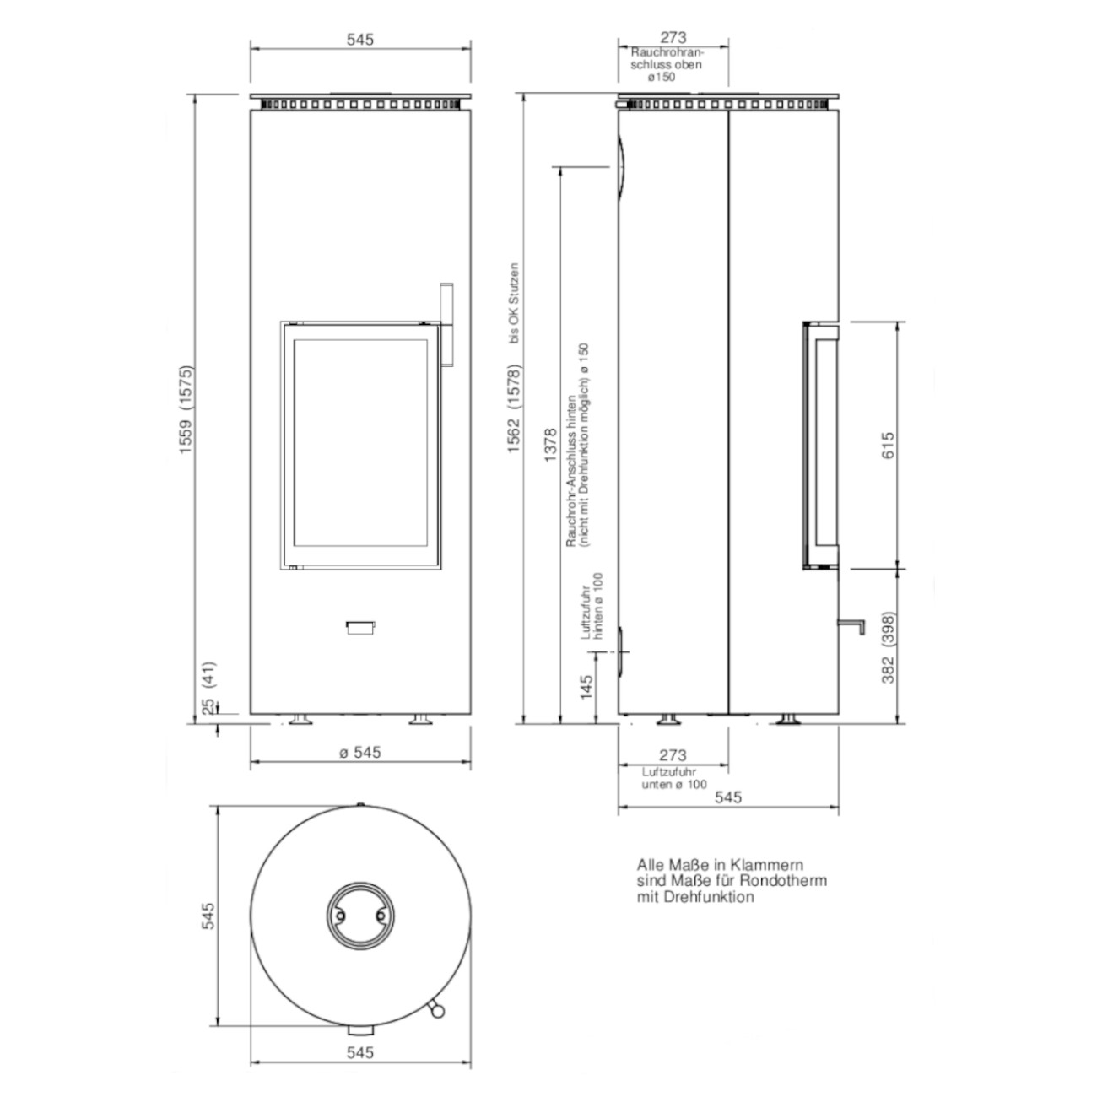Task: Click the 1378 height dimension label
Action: coord(550,446)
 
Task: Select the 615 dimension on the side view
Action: coord(888,446)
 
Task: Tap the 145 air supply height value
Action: coord(586,687)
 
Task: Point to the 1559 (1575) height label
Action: coord(186,409)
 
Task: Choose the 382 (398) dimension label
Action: coord(888,648)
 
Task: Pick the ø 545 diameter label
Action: coord(360,752)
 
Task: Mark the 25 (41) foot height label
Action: coord(209,687)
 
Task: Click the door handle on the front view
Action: coord(446,325)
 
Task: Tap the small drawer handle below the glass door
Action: coord(360,627)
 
